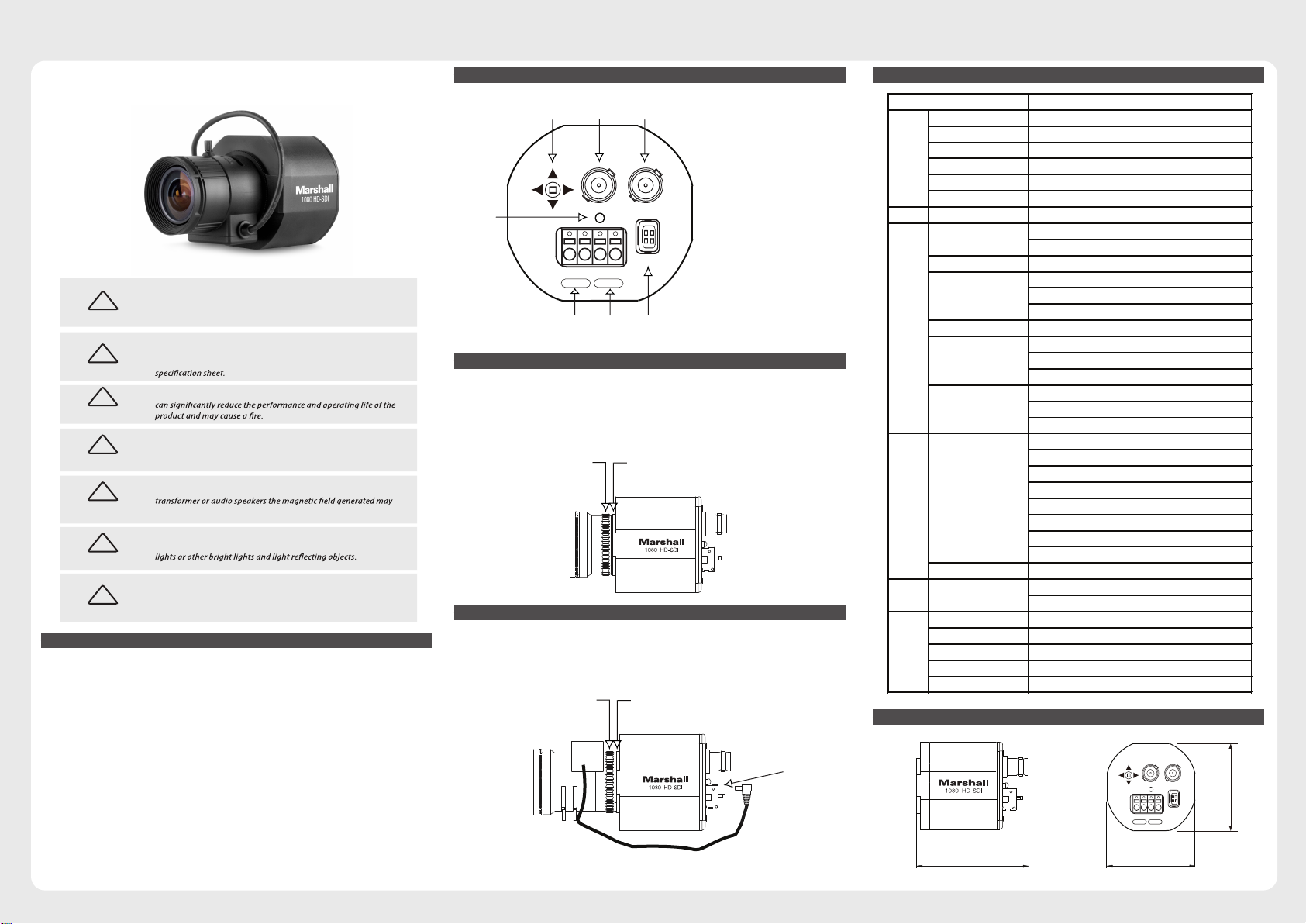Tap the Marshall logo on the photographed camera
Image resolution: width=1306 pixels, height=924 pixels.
coord(314,189)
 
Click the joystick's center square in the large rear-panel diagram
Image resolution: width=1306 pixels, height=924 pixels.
coord(553,190)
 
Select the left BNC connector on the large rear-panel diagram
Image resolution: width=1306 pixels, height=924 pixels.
coord(598,185)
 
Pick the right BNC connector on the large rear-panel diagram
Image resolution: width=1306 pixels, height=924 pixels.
coord(645,185)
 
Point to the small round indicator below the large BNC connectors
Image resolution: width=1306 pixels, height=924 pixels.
coord(599,218)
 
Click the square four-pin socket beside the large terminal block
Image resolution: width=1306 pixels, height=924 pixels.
coord(648,236)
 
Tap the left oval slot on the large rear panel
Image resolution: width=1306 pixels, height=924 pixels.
coord(575,283)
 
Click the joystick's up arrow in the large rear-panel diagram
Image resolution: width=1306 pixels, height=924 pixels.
coord(553,174)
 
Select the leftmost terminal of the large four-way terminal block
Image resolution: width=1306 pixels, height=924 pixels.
coord(570,247)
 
